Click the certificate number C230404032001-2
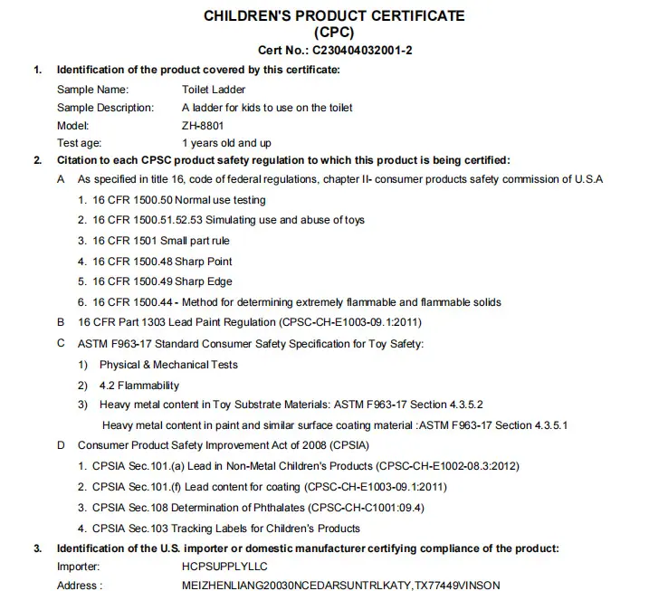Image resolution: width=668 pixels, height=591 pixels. click(363, 50)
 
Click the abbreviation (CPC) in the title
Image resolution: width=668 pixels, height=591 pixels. click(334, 33)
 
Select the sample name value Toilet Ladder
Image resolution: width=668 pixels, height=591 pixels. click(214, 90)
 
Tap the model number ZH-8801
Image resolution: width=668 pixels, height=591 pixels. click(203, 125)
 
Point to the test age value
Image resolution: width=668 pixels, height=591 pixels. click(226, 143)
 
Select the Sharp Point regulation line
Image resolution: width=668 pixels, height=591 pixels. click(155, 262)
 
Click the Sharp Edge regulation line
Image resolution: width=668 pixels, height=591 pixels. click(155, 281)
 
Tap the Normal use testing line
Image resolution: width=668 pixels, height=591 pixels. click(172, 200)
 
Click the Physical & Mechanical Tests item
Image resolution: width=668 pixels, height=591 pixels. click(168, 365)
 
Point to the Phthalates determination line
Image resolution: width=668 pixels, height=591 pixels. click(258, 508)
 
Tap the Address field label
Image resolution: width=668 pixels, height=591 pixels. click(80, 586)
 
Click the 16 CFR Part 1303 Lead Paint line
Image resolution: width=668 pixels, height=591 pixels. click(250, 322)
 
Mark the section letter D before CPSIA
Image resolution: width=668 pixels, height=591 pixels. click(61, 445)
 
